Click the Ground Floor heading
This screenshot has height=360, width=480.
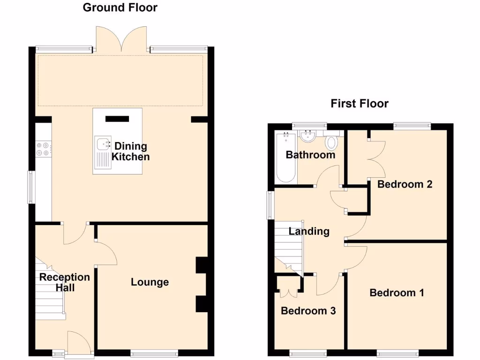pos(120,7)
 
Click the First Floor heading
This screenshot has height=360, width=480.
pos(360,104)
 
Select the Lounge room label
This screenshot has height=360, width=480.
pos(150,282)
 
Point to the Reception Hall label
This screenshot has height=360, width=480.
pos(64,282)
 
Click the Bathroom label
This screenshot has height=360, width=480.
pos(310,155)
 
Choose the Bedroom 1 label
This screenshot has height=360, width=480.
pos(397,293)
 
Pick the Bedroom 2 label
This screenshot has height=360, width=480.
pos(405,184)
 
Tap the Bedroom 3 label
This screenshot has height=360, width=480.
pos(308,311)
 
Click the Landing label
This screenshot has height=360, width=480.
pos(309,231)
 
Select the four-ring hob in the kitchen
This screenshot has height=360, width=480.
pos(43,148)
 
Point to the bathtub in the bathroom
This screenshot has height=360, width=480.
pos(285,158)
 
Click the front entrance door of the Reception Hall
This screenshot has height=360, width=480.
pos(78,344)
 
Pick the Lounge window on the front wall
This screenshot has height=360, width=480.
pos(154,352)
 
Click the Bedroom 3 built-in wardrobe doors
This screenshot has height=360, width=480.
pos(288,287)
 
